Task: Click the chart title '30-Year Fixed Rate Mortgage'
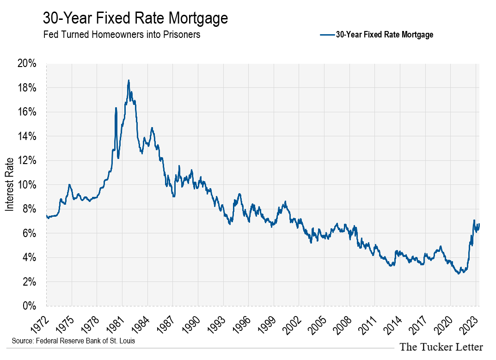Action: [x=135, y=18]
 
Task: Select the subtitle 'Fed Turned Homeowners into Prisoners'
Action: [x=122, y=35]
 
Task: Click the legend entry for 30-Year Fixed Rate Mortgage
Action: [x=377, y=35]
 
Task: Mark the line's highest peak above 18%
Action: [x=129, y=80]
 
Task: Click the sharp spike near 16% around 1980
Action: [x=116, y=108]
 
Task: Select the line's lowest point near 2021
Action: [x=458, y=274]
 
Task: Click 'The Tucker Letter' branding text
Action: [x=441, y=347]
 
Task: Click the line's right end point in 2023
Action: [x=479, y=224]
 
